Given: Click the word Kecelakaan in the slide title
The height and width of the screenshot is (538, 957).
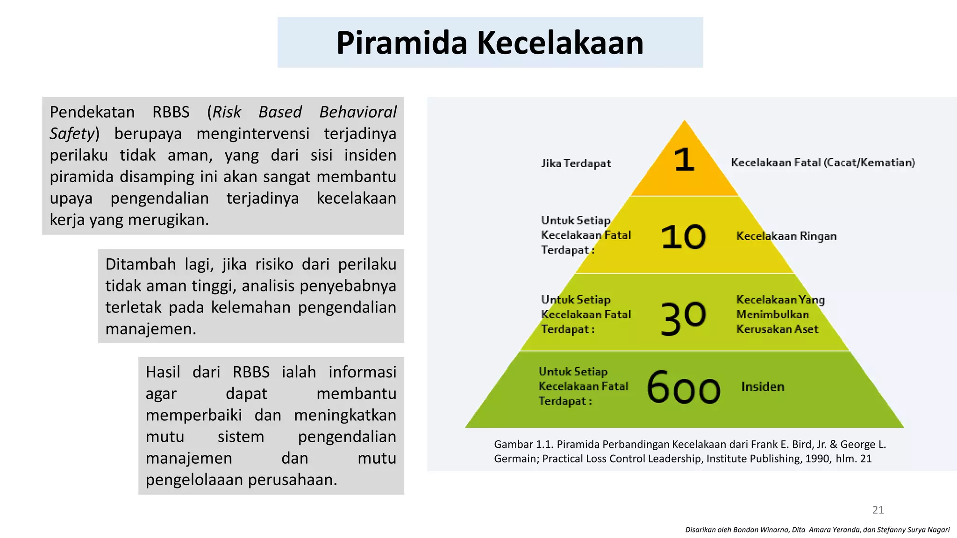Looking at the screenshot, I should pyautogui.click(x=560, y=43).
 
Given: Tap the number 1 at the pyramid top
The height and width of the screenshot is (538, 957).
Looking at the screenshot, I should pyautogui.click(x=685, y=160).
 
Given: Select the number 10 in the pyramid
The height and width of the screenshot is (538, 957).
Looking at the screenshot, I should pyautogui.click(x=683, y=237).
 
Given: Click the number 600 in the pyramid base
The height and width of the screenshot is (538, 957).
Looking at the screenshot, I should pyautogui.click(x=684, y=387).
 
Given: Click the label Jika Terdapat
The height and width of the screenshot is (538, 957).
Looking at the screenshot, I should pyautogui.click(x=576, y=163).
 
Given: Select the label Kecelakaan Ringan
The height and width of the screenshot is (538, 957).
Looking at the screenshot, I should pyautogui.click(x=786, y=236).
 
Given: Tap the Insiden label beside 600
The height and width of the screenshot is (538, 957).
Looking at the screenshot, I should pyautogui.click(x=763, y=387).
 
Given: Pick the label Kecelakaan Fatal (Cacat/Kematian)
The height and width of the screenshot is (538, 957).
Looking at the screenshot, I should pyautogui.click(x=823, y=163).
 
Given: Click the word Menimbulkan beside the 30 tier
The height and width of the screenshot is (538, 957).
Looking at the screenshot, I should pyautogui.click(x=772, y=314).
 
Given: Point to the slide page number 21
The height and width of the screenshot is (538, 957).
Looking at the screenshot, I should pyautogui.click(x=878, y=510).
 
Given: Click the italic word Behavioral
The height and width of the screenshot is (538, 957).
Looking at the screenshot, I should pyautogui.click(x=358, y=112).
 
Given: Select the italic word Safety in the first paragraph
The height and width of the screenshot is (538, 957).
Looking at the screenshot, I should pyautogui.click(x=72, y=134).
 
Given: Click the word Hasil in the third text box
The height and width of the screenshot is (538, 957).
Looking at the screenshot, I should pyautogui.click(x=163, y=372).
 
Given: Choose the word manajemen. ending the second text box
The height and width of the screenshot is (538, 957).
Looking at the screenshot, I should pyautogui.click(x=150, y=329).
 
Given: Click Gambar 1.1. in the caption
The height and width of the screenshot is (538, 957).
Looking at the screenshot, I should pyautogui.click(x=523, y=444).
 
